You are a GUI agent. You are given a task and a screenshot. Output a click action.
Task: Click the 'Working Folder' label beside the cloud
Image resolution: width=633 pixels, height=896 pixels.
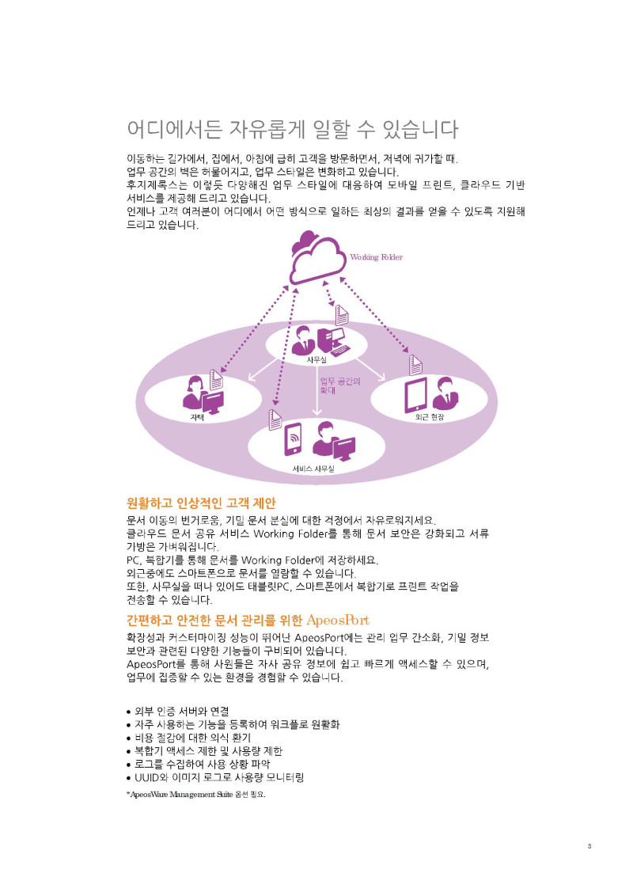376,257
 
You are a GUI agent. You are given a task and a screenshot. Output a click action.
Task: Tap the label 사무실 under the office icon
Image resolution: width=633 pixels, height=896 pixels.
316,360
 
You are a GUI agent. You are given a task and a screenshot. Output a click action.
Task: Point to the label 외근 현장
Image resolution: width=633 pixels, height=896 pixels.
430,417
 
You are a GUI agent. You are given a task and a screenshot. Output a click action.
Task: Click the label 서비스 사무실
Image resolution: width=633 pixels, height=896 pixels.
313,469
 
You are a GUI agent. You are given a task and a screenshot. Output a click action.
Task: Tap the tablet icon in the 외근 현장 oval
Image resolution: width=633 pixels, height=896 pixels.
415,395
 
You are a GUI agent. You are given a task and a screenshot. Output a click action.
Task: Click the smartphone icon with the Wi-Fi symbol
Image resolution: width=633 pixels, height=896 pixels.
293,439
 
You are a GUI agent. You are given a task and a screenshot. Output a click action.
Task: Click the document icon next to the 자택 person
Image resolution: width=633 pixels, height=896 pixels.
215,379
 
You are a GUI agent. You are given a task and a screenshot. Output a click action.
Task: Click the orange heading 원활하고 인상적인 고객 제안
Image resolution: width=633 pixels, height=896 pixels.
201,503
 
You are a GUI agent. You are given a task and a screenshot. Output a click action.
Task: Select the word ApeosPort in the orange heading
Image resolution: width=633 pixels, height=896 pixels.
338,620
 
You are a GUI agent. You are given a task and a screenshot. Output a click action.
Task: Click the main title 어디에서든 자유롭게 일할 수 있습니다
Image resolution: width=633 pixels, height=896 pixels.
293,129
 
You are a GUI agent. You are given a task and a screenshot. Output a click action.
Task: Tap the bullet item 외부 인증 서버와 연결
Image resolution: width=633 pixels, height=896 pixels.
178,712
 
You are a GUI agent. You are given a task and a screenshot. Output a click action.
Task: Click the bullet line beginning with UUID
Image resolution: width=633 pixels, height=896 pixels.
214,777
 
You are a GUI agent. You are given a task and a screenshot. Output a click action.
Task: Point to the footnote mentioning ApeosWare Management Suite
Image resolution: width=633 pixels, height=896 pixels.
195,794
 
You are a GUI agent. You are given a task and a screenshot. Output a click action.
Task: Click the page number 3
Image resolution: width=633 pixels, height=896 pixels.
589,846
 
